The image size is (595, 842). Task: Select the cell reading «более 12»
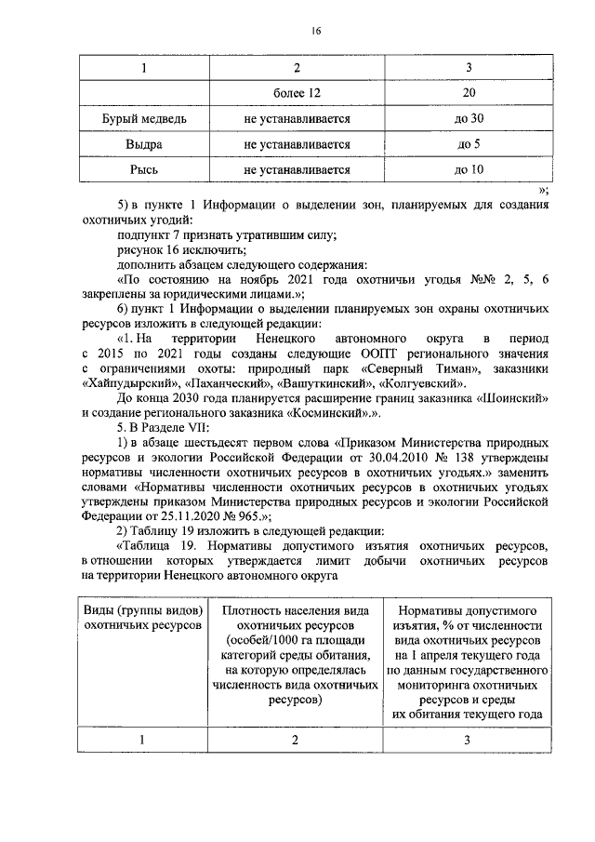click(297, 94)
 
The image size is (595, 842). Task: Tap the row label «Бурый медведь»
click(144, 119)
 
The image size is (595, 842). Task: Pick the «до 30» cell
click(469, 119)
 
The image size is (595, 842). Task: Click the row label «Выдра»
click(144, 145)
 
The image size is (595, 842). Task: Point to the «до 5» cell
click(469, 145)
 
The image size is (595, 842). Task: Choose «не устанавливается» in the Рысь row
click(297, 170)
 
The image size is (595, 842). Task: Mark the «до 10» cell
click(469, 170)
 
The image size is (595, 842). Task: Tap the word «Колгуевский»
click(417, 382)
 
